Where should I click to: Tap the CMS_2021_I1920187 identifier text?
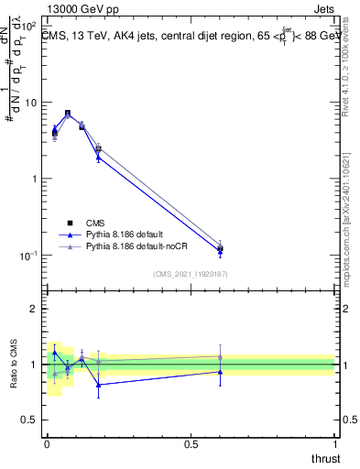(x=191, y=274)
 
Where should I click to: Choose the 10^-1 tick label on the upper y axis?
(x=29, y=255)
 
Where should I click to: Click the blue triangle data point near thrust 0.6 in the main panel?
(x=220, y=252)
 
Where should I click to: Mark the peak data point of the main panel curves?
(x=68, y=114)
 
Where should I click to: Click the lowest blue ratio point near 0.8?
(x=98, y=385)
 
